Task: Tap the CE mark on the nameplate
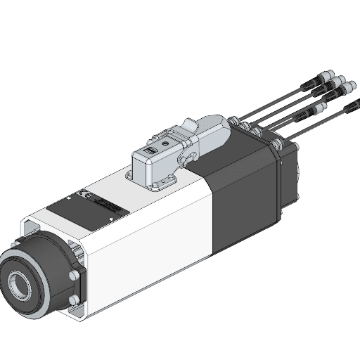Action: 83,194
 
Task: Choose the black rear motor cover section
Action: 243,190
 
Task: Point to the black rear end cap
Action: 290,176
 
